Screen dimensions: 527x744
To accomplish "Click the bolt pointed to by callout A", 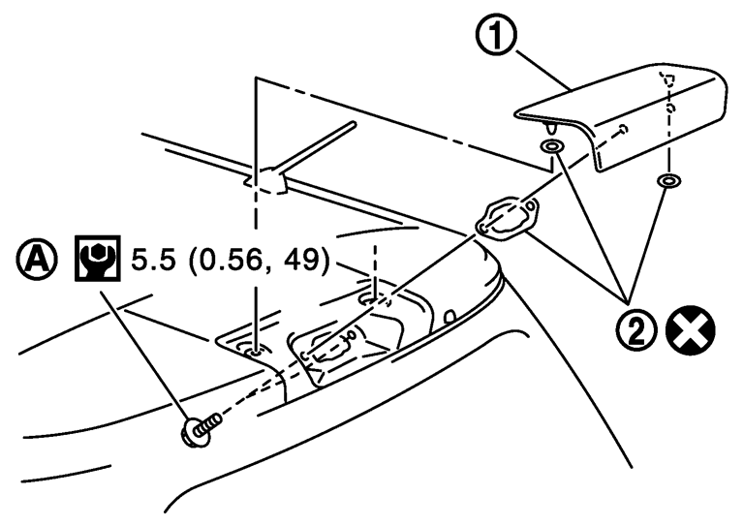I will point(200,427).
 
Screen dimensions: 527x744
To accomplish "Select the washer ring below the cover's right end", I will point(666,181).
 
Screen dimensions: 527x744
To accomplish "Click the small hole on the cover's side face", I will point(623,129).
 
